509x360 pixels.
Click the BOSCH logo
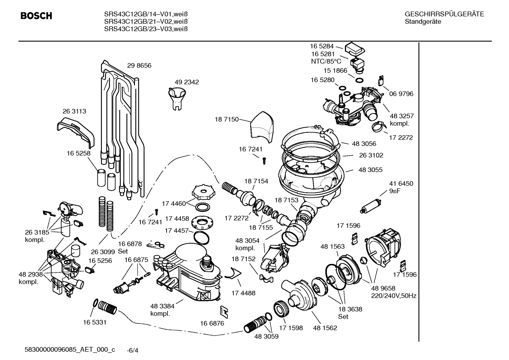click(x=36, y=16)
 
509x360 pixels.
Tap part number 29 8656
click(x=139, y=66)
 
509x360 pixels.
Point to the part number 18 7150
click(x=227, y=119)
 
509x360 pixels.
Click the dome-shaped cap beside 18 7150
click(x=262, y=126)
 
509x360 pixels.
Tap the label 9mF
click(x=395, y=191)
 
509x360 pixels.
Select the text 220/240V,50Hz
click(x=394, y=296)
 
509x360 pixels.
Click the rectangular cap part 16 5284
click(x=355, y=48)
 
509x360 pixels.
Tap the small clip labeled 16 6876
click(x=223, y=310)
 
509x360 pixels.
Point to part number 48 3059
click(x=266, y=336)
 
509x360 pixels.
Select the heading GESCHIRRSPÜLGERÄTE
click(x=444, y=14)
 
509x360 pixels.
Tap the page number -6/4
click(x=132, y=350)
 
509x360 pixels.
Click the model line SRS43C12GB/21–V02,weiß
click(x=145, y=22)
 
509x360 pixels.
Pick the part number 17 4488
click(x=243, y=293)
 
